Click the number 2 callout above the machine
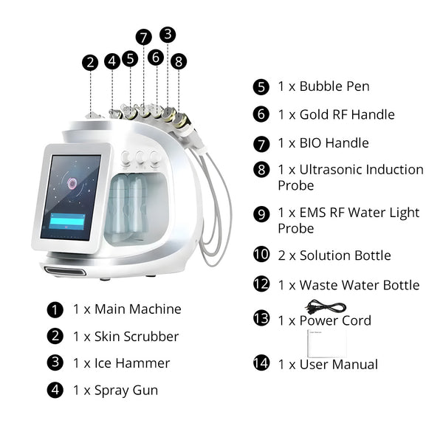click(91, 63)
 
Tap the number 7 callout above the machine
click(144, 37)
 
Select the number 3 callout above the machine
click(168, 34)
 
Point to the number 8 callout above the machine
click(179, 62)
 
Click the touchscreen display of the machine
click(71, 197)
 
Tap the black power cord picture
click(326, 306)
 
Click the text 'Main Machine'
click(137, 309)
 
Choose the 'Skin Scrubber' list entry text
click(136, 337)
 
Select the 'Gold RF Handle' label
click(346, 114)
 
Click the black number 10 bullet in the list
click(261, 255)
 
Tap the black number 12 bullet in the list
click(261, 285)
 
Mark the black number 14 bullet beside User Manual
click(261, 364)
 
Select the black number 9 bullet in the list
click(261, 213)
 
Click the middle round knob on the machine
click(140, 157)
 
